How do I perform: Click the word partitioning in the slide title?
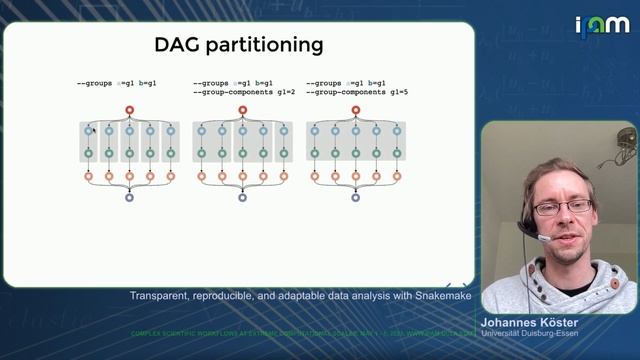pos(267,45)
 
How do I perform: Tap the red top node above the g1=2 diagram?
pos(242,110)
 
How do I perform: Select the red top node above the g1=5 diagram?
pos(355,110)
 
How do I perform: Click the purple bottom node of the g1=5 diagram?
pos(355,198)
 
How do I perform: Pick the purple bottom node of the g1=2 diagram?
pos(242,198)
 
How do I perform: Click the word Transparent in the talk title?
pos(161,296)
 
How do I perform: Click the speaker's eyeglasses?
pos(562,207)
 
